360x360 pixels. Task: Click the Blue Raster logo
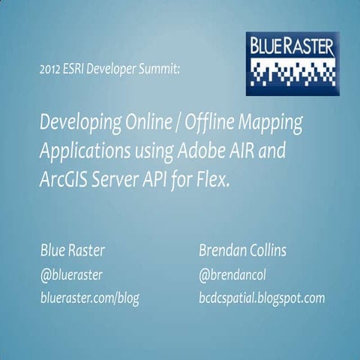coord(292,63)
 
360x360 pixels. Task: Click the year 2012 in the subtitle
coord(52,71)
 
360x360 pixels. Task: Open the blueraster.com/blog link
coord(89,298)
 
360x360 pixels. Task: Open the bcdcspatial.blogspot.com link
coord(261,298)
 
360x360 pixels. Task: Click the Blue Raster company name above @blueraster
coord(72,250)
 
